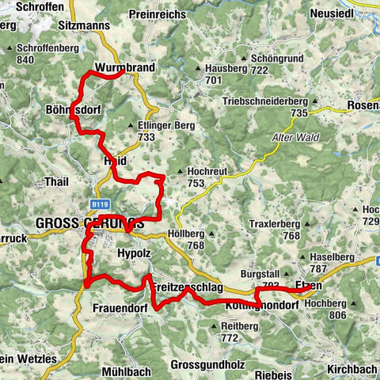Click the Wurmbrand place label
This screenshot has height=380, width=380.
click(x=123, y=67)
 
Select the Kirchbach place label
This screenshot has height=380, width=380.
click(x=349, y=369)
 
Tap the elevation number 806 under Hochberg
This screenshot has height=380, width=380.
click(x=338, y=315)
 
